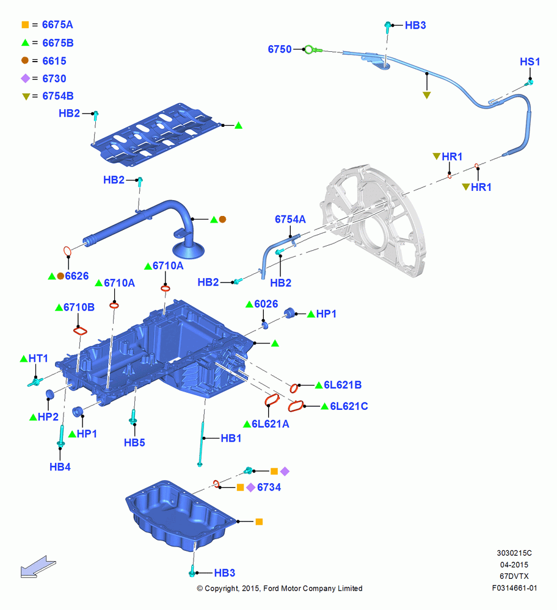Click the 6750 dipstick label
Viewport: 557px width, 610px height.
(280, 49)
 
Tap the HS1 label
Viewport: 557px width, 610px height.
(530, 62)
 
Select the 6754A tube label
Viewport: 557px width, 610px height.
(290, 220)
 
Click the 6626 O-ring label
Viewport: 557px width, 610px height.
(77, 276)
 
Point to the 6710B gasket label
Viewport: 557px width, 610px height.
(79, 307)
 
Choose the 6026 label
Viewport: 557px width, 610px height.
(266, 304)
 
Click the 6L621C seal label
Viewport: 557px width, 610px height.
(349, 406)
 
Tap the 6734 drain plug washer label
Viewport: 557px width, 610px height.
(269, 487)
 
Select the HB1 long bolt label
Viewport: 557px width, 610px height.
(231, 439)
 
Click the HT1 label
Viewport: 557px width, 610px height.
(38, 358)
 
